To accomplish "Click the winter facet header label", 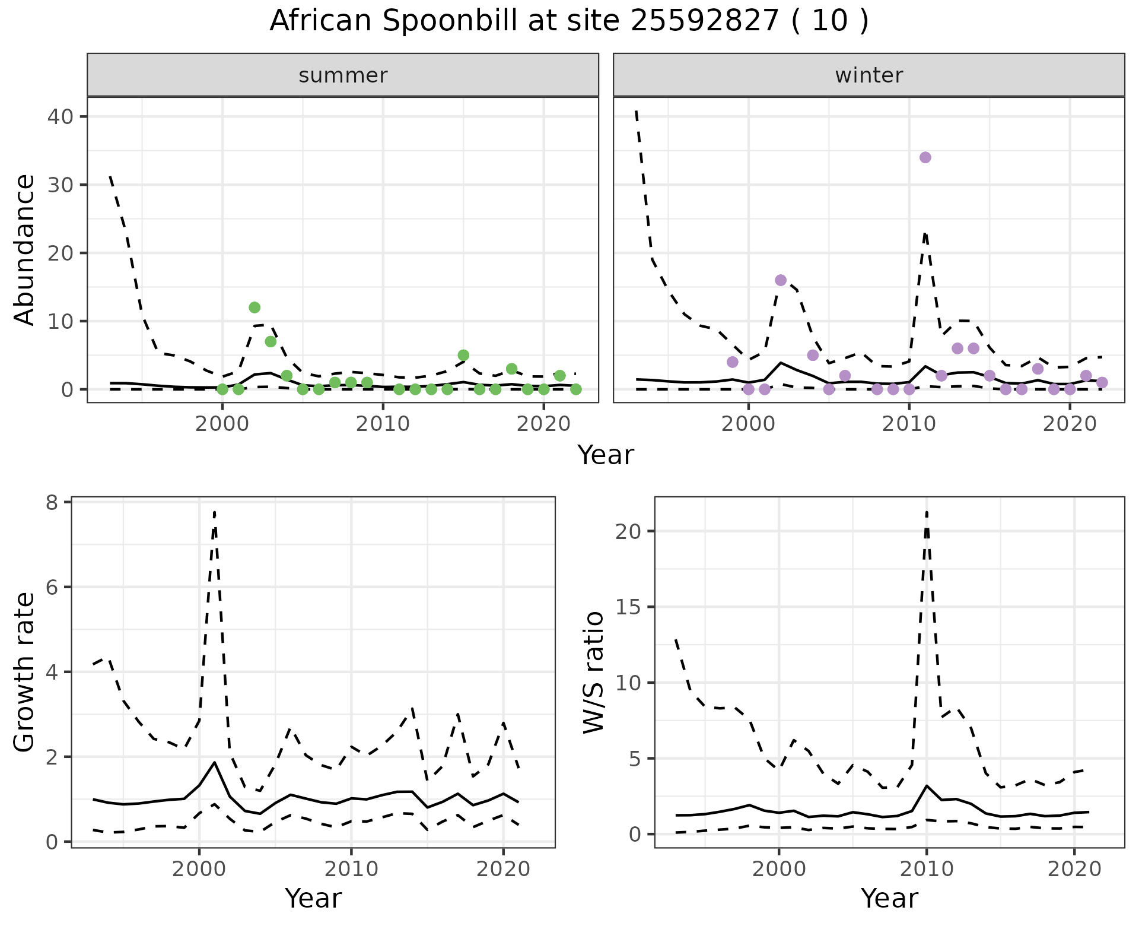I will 868,75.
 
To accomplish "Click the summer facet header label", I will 343,75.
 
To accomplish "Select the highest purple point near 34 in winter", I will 925,157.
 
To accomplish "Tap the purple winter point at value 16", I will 781,280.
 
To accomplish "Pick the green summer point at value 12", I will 254,307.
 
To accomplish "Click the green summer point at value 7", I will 271,341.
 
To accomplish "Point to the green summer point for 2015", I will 463,355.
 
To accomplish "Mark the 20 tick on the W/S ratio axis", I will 629,531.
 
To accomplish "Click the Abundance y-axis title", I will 25,249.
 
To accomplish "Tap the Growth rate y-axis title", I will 25,672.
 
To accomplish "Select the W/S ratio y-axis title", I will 593,672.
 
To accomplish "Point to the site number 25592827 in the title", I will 705,21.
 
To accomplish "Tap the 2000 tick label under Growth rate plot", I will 199,869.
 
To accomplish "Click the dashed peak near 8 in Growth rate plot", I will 214,512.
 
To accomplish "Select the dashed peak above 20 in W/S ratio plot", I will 927,512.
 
